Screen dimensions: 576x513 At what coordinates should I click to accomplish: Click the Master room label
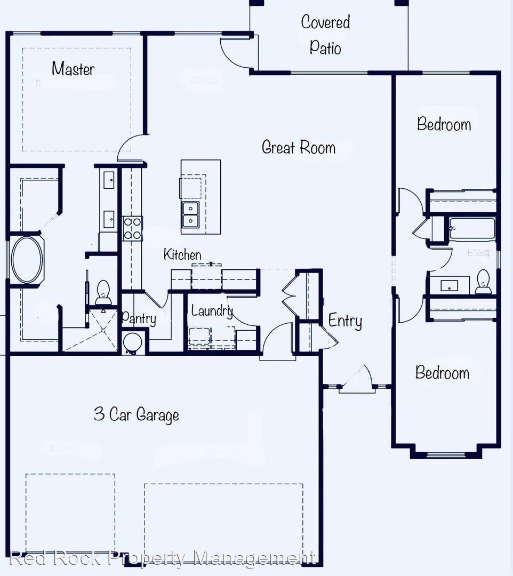point(73,69)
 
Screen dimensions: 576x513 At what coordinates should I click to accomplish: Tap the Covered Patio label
point(325,35)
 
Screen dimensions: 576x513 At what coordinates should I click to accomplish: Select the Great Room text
point(299,147)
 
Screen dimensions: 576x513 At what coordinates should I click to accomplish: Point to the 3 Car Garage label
point(137,414)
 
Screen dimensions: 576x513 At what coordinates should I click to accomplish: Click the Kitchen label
point(182,254)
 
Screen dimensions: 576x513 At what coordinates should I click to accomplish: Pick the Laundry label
point(212,311)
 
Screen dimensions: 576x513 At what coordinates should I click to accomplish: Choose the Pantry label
point(139,319)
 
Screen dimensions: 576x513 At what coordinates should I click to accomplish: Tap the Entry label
point(345,321)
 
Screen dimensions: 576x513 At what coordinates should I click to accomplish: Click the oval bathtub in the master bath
point(27,260)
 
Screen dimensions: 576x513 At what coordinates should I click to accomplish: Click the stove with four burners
point(132,228)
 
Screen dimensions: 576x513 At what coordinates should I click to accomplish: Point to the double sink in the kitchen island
point(190,214)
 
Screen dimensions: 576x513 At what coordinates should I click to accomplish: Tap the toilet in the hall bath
point(483,282)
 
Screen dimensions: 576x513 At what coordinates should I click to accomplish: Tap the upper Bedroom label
point(444,124)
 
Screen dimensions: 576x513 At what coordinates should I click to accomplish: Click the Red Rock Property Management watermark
point(163,558)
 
